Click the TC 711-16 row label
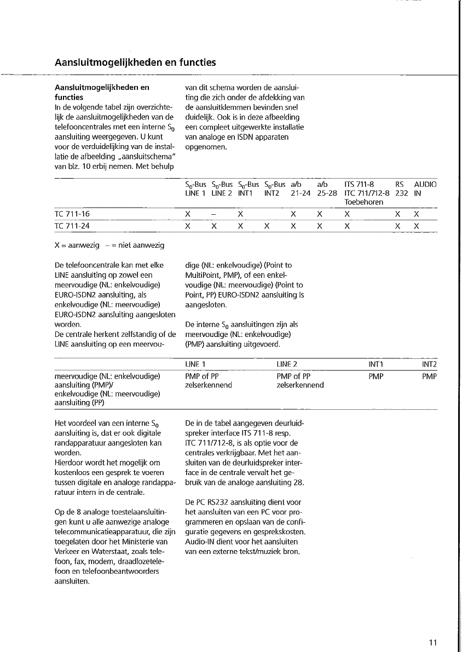[73, 214]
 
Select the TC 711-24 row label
[73, 225]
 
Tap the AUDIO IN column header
[425, 189]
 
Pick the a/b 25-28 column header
[327, 189]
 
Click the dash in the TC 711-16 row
[214, 214]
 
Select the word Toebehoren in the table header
[363, 202]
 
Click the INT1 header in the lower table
[376, 364]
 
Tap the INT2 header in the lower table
[429, 364]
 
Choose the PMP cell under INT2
[430, 376]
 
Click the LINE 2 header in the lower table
[287, 364]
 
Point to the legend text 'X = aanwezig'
[77, 245]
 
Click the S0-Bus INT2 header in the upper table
[275, 189]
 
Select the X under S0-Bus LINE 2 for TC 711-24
[214, 225]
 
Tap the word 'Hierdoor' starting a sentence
[70, 463]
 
